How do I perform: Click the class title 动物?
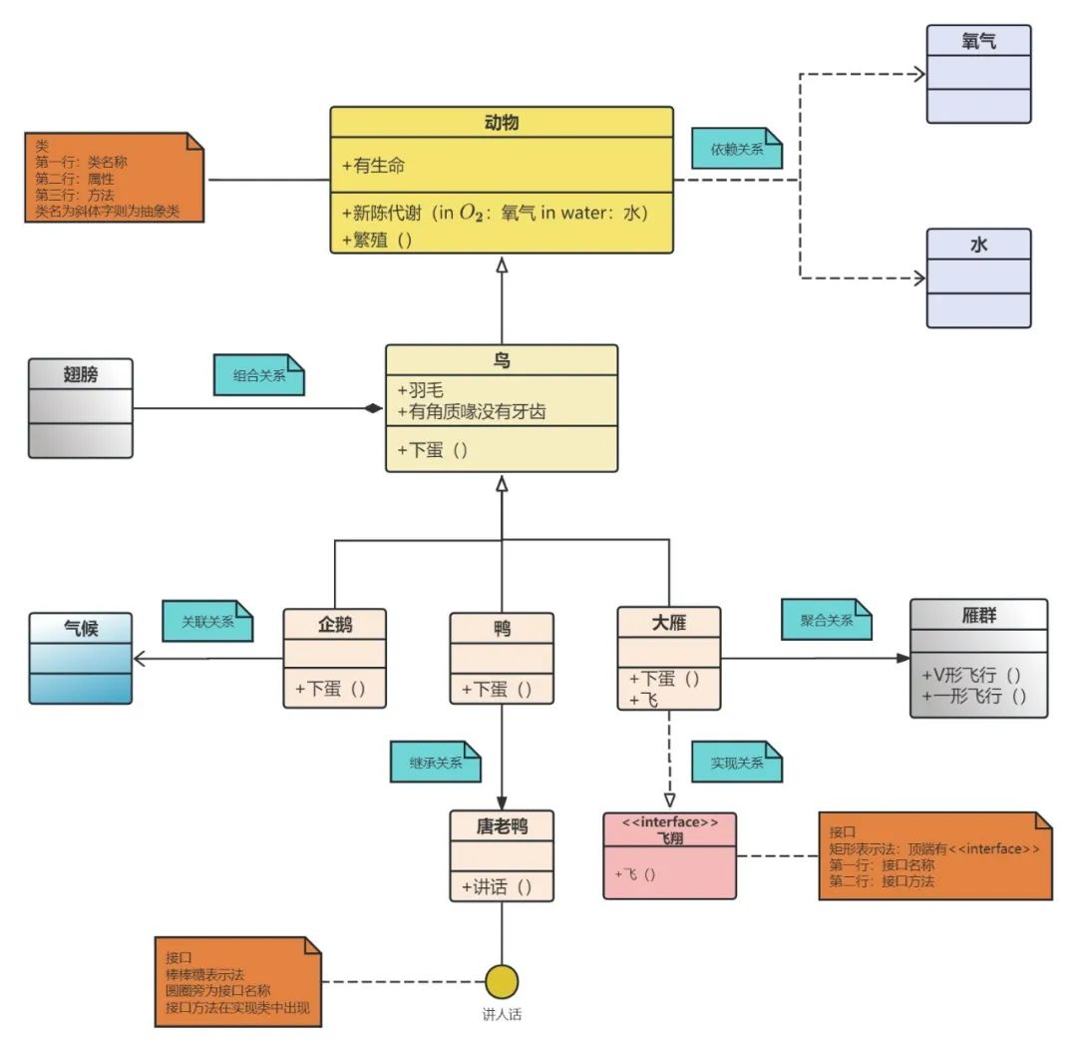502,123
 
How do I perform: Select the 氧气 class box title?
978,41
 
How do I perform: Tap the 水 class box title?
978,245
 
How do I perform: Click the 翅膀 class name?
80,374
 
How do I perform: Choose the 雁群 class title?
978,616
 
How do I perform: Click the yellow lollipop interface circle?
502,981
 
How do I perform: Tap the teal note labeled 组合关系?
258,375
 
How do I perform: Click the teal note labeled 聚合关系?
827,620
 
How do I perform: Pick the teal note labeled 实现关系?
736,763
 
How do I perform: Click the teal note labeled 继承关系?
435,763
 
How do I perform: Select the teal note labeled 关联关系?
207,621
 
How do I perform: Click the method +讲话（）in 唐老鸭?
501,885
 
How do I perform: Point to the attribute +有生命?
373,166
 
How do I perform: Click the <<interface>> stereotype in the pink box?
669,822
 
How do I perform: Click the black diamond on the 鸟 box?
373,408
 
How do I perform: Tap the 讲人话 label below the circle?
502,1015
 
